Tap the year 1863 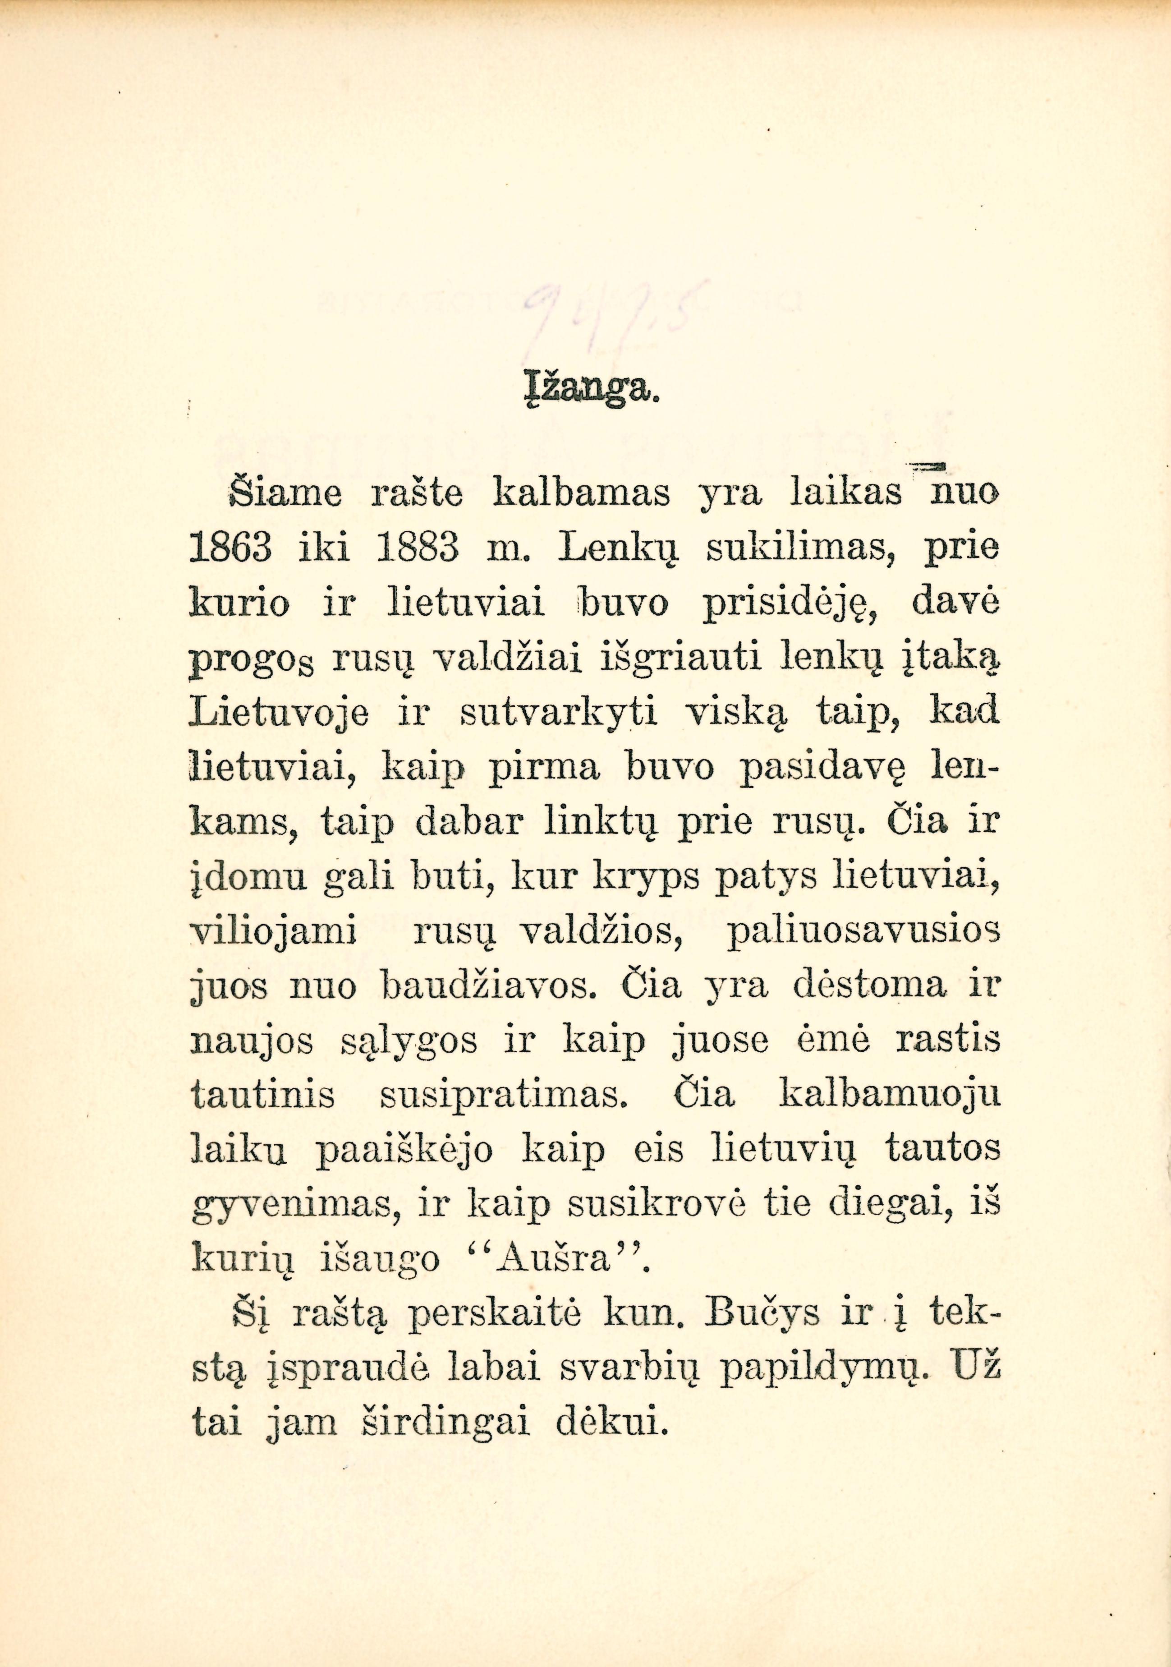point(231,549)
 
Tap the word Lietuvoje point(280,714)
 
